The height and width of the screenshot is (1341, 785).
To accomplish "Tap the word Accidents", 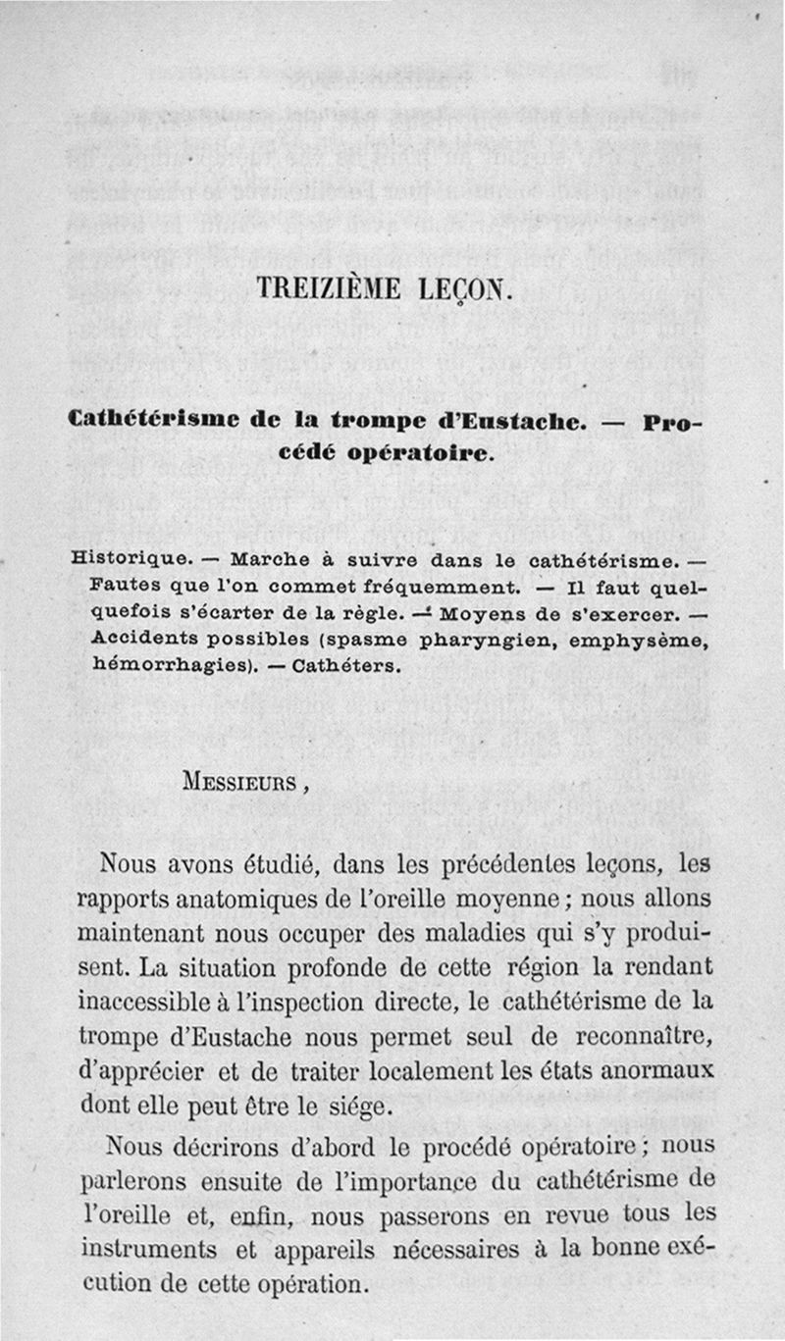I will tap(136, 640).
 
